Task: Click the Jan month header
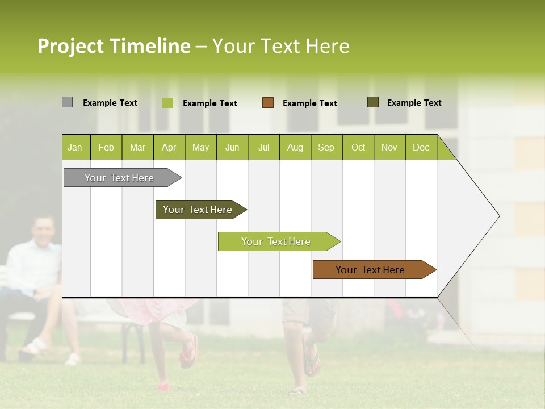point(75,147)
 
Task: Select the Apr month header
point(169,147)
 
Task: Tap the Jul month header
point(263,147)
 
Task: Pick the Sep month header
point(326,147)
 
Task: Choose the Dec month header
point(421,147)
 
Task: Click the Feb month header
point(106,147)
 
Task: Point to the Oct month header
point(358,147)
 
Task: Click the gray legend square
point(67,102)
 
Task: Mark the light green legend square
point(167,103)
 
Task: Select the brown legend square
point(268,103)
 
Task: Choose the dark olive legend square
point(373,102)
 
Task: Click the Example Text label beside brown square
point(309,103)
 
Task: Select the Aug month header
point(295,147)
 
